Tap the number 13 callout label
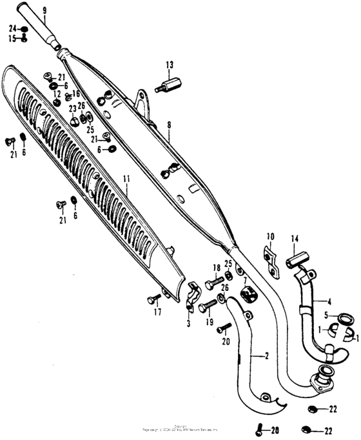(x=170, y=65)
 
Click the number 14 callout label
(x=294, y=239)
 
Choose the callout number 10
(x=270, y=236)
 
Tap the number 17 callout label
(x=157, y=314)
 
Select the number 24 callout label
(x=12, y=29)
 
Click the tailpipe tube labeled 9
(x=41, y=30)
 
